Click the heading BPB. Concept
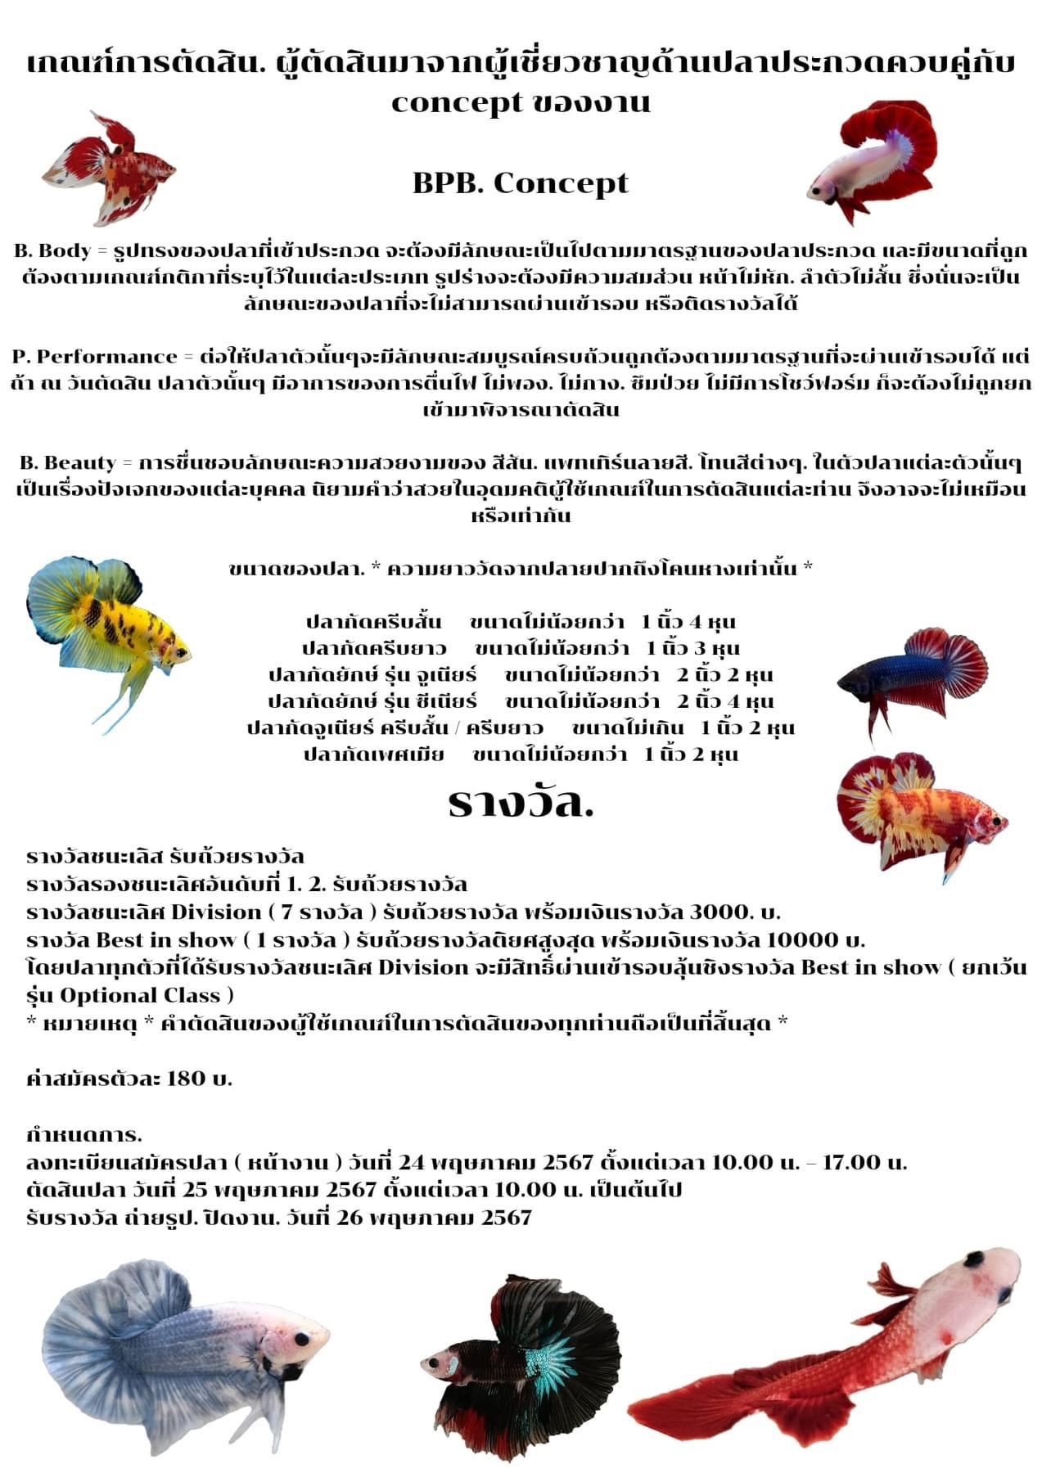(x=521, y=182)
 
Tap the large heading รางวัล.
(x=521, y=804)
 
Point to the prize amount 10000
(x=799, y=939)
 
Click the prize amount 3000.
(x=719, y=912)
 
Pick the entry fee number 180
(x=186, y=1078)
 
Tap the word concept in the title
(x=456, y=102)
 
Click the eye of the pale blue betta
(x=301, y=1340)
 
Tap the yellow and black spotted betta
(x=111, y=630)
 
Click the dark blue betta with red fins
(x=909, y=675)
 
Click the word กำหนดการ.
(x=83, y=1134)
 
